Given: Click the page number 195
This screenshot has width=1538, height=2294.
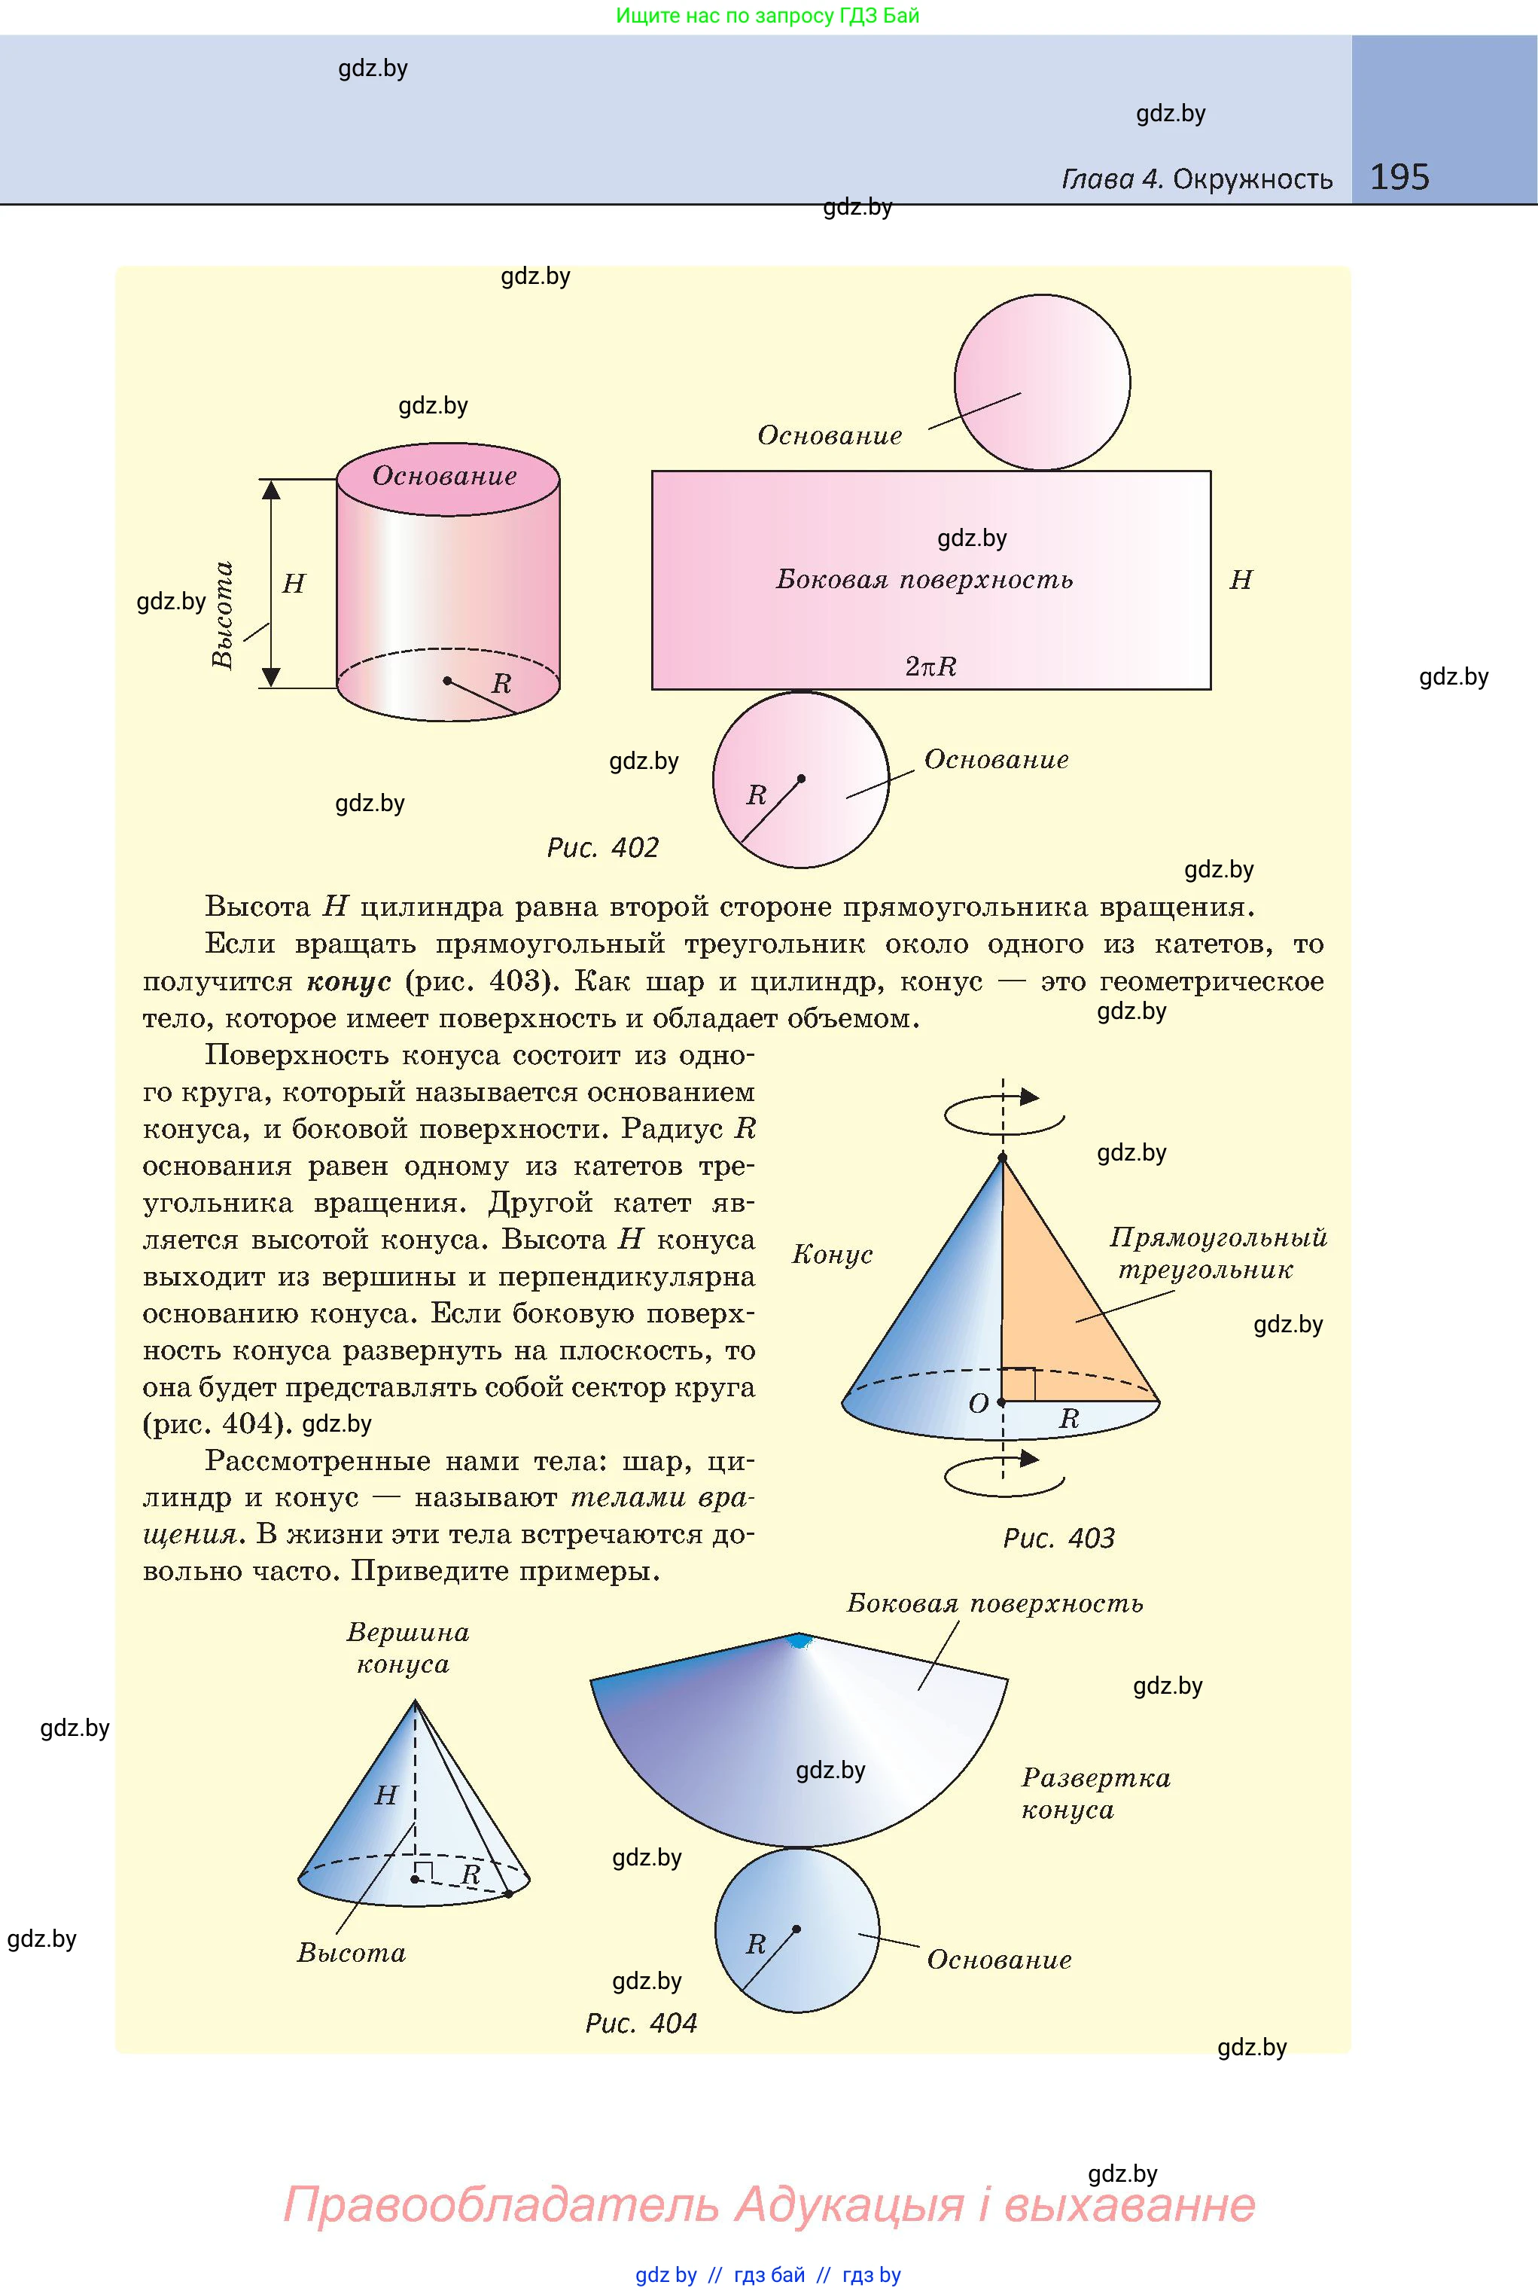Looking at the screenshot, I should [1399, 177].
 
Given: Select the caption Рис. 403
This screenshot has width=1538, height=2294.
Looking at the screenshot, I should [1058, 1538].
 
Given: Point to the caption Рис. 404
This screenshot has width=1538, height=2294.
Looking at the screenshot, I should [641, 2022].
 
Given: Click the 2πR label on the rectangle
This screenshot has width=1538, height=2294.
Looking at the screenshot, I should [930, 667].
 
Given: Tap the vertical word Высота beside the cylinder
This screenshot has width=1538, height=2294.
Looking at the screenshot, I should [224, 615].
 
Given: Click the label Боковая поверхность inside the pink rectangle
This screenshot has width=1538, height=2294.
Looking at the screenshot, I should [924, 580].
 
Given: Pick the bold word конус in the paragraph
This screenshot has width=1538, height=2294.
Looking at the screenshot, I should [349, 981].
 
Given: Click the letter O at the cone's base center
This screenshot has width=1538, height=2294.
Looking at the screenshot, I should [978, 1404].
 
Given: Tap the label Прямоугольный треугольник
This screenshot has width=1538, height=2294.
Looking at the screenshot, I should [1217, 1253].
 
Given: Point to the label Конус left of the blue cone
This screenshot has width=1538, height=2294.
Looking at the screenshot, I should [832, 1254].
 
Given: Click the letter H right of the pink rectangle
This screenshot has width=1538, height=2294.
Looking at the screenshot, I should [1241, 580].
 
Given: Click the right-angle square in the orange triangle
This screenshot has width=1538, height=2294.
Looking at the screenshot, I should [1019, 1384].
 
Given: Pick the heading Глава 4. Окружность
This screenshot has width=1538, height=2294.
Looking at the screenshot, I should [1197, 179].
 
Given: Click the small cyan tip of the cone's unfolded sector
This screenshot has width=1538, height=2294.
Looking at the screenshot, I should [800, 1640].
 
